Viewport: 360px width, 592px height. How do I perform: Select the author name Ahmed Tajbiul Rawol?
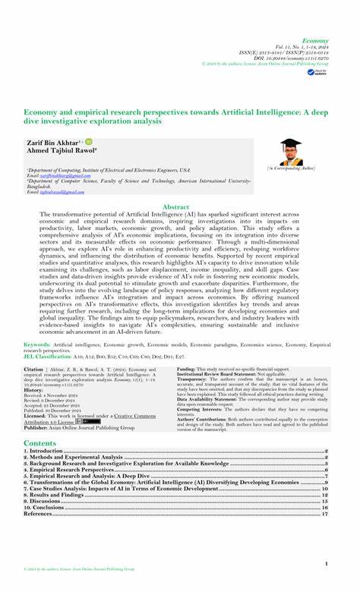[x=58, y=150]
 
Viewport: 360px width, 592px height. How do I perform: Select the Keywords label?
[x=37, y=344]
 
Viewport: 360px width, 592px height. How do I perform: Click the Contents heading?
[x=39, y=442]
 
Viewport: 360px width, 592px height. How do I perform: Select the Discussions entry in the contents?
[x=48, y=501]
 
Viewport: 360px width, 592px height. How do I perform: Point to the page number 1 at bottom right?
[x=326, y=563]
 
